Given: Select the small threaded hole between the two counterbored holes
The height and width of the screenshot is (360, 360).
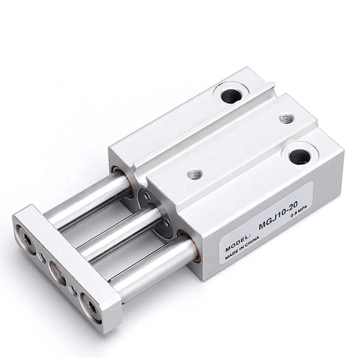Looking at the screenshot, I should pos(284,118).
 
